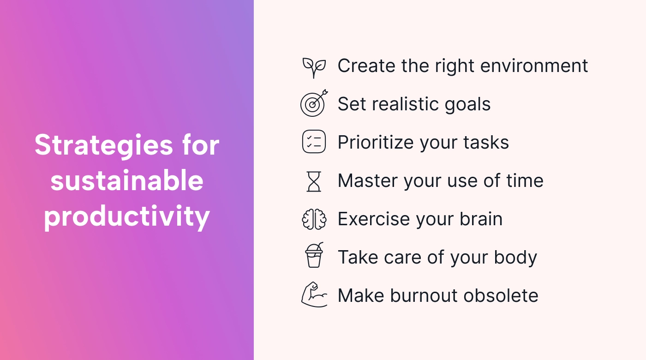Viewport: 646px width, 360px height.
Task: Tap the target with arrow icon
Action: (313, 104)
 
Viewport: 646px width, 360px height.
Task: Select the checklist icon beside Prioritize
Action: (314, 141)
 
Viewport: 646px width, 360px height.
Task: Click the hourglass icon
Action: (314, 181)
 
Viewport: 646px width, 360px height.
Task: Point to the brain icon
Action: (314, 219)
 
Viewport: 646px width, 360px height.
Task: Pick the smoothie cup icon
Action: (314, 255)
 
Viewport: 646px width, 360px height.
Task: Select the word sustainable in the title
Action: (127, 180)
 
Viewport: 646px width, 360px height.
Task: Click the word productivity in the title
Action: (127, 216)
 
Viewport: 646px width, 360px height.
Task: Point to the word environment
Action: (534, 66)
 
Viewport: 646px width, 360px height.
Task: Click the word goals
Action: (467, 104)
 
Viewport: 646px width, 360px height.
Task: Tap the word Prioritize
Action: (376, 143)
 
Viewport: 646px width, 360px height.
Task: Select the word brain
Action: (481, 219)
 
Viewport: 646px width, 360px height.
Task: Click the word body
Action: (515, 258)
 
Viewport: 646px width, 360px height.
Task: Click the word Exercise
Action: (374, 219)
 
